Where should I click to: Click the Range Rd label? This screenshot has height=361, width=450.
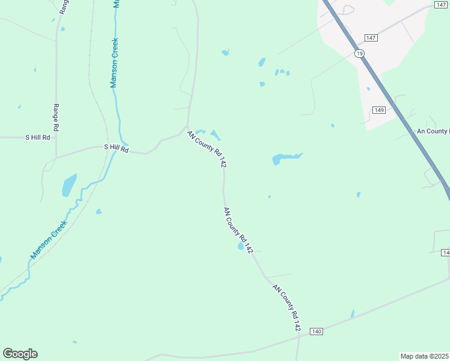(55, 117)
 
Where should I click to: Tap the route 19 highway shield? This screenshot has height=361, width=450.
(359, 54)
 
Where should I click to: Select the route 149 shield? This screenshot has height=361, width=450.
(378, 110)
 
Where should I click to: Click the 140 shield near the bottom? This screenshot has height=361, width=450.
(317, 332)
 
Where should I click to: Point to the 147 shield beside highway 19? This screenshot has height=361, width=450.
(371, 38)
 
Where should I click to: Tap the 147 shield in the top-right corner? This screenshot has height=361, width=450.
(440, 4)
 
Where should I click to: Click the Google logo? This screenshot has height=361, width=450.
(20, 354)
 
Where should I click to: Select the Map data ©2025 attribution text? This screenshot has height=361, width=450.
(425, 356)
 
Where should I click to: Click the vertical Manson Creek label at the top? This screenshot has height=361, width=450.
(114, 63)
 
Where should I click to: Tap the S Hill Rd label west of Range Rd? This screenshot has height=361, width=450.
(37, 137)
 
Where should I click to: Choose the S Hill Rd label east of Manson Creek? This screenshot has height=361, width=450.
(116, 147)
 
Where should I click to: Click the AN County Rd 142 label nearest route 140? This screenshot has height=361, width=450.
(286, 308)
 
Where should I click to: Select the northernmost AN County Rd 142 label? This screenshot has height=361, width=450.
(206, 149)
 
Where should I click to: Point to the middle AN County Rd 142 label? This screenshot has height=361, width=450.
(238, 230)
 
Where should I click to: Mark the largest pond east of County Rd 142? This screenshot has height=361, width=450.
(283, 159)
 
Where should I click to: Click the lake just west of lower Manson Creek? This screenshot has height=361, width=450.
(69, 185)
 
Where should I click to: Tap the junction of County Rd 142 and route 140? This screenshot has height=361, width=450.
(299, 336)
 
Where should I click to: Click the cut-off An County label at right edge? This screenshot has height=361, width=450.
(433, 131)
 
